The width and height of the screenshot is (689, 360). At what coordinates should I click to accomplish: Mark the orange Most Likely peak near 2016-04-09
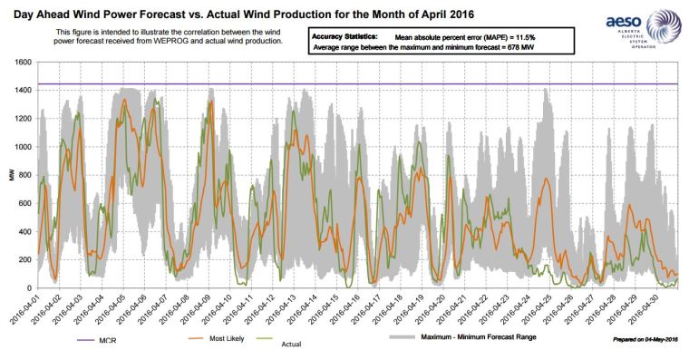[210, 102]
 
